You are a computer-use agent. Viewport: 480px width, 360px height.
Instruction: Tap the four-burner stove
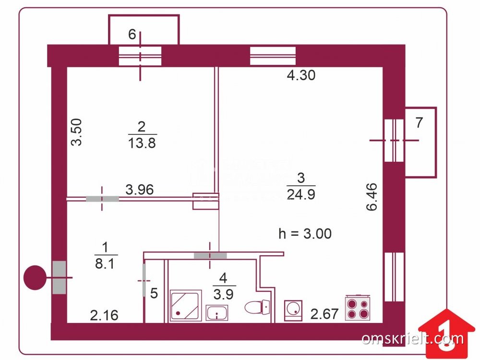(358, 307)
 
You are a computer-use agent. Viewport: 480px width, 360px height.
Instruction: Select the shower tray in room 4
(185, 305)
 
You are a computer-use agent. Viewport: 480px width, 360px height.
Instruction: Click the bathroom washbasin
(217, 313)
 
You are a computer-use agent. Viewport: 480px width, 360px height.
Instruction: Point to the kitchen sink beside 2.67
(292, 310)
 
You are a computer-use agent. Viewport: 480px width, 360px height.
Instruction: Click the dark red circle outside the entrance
(35, 278)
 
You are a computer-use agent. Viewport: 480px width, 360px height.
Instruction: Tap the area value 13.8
(143, 143)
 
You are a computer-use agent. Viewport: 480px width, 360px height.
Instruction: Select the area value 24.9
(301, 194)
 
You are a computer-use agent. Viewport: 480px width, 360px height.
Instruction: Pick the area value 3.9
(223, 294)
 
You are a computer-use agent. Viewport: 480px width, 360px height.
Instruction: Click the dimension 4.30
(301, 75)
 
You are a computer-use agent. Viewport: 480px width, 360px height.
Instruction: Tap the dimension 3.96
(139, 190)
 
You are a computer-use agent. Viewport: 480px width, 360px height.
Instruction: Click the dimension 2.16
(104, 315)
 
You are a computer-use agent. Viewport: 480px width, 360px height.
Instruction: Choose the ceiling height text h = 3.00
(305, 234)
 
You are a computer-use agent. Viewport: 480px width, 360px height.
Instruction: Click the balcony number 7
(419, 123)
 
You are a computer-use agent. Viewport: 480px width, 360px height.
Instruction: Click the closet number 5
(154, 293)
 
